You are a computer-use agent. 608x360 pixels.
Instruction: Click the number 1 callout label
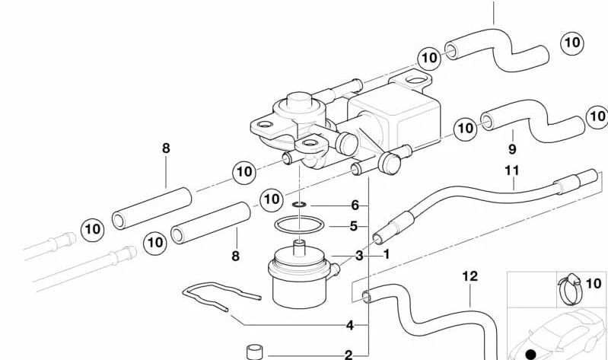point(386,254)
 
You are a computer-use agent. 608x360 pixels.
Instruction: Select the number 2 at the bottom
point(349,354)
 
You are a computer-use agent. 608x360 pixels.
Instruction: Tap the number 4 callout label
point(349,325)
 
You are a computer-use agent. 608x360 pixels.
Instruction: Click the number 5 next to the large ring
point(354,226)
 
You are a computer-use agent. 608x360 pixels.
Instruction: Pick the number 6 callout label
point(354,205)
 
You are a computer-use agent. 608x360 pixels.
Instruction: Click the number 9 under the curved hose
point(511,148)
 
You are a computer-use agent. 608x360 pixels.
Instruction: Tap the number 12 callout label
point(470,276)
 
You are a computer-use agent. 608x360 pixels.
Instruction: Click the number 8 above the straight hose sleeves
point(166,148)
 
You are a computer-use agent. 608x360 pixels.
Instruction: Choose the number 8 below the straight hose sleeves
point(234,256)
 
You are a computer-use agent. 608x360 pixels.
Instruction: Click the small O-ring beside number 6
point(300,204)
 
